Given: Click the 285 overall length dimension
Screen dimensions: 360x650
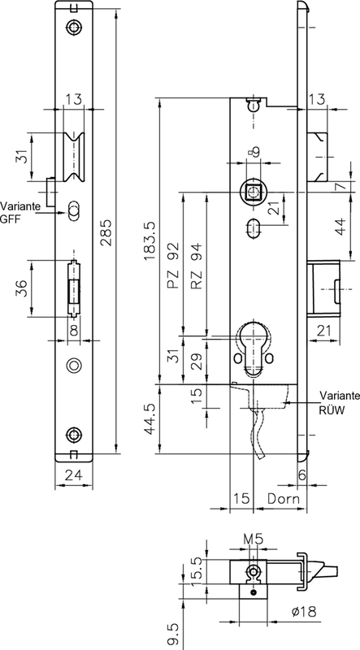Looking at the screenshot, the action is point(107,232).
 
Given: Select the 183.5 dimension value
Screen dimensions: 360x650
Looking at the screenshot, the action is point(149,241).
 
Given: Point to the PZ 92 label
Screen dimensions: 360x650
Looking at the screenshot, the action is point(174,266).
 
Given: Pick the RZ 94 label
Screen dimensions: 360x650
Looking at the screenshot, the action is point(197,266).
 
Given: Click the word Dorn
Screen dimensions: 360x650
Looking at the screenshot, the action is point(284,498).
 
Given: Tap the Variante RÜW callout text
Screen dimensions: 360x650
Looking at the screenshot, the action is point(339,402).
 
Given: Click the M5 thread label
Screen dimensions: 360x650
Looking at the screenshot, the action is point(253,539).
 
